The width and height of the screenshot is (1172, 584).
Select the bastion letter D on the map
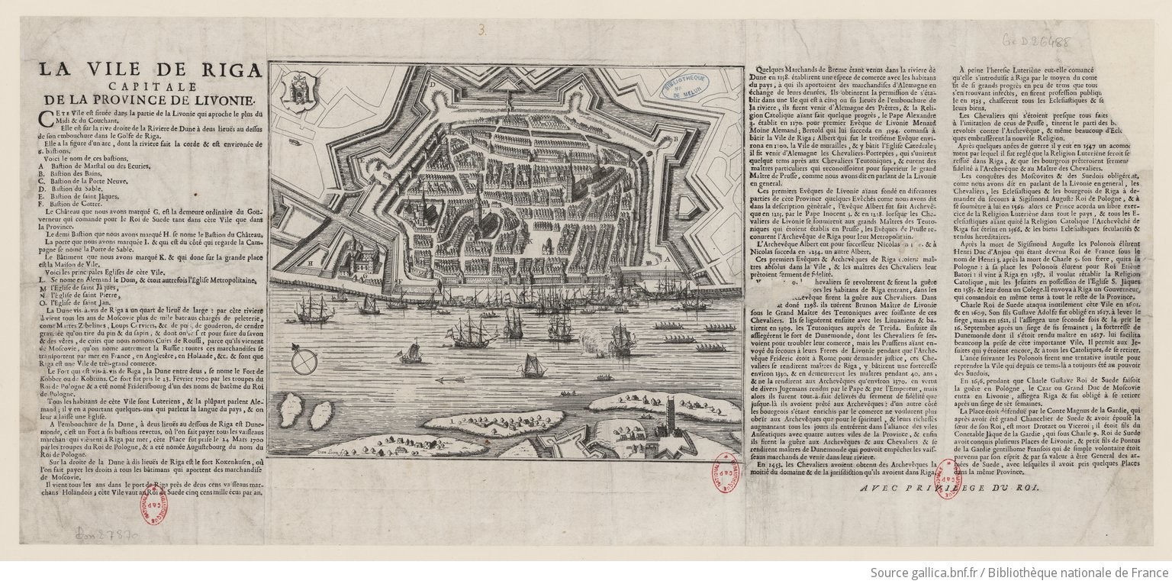click(x=431, y=83)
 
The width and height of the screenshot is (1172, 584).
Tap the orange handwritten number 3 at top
click(x=481, y=30)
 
